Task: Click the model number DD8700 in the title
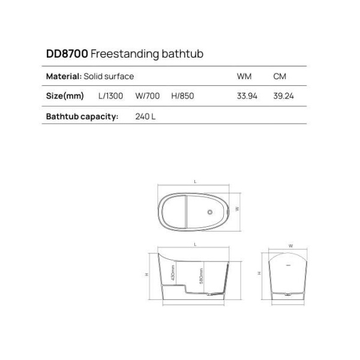67,54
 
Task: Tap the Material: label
64,76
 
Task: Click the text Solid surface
109,76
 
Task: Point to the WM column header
244,76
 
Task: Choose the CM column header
279,76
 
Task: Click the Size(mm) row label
65,96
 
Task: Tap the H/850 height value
182,96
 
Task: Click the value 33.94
247,96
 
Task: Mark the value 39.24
283,96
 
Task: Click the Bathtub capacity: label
82,116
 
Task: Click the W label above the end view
289,245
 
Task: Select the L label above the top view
196,181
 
